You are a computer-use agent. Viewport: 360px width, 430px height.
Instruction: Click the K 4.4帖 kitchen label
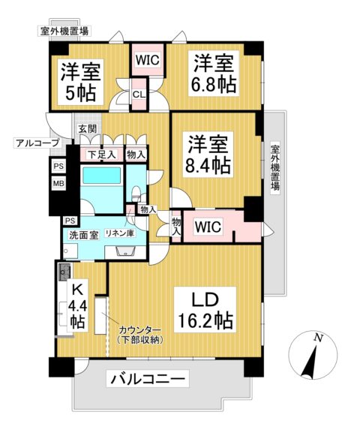tap(76, 305)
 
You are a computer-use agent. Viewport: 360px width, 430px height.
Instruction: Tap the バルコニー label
tap(148, 380)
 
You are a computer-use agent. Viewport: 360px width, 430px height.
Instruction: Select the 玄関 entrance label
tap(86, 128)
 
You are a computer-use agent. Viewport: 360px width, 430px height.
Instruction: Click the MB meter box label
tap(58, 183)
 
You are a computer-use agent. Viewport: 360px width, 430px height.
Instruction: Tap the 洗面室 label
tap(84, 235)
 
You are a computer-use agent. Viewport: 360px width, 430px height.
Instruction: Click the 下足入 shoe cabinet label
tap(101, 155)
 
